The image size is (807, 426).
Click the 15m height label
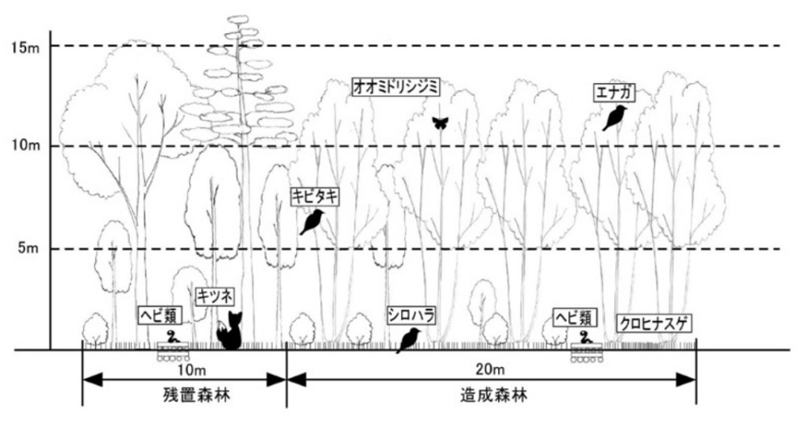[24, 47]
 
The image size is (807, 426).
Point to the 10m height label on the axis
[25, 146]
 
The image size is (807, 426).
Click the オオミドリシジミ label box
[395, 87]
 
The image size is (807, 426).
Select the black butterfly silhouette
[440, 123]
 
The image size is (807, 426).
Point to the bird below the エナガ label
[614, 118]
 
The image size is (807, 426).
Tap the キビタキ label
[316, 197]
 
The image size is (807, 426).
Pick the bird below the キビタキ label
[312, 222]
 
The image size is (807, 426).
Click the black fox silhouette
[230, 332]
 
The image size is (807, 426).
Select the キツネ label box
[215, 296]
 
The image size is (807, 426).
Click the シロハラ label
[412, 315]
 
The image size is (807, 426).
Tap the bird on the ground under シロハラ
[408, 340]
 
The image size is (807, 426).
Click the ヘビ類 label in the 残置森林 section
[158, 315]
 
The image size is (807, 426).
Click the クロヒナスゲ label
[654, 324]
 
